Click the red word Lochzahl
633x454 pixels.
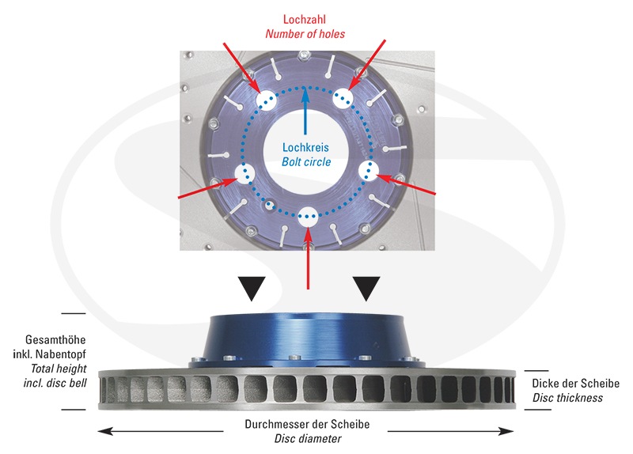(305, 19)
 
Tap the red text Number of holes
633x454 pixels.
(305, 34)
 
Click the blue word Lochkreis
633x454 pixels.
(305, 147)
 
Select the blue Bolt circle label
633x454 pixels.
(306, 162)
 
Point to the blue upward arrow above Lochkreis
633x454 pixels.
(305, 110)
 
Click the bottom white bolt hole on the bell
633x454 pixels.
(309, 216)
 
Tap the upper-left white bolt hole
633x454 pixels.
(265, 100)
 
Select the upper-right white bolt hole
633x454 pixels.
(343, 97)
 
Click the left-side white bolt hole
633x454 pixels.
(245, 173)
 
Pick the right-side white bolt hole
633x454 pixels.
(369, 171)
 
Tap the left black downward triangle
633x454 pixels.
(252, 288)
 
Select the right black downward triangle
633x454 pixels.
(366, 288)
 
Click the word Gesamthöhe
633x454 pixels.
(55, 340)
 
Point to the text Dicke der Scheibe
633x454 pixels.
(576, 384)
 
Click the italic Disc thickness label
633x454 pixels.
(567, 398)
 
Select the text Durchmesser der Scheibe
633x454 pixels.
(307, 424)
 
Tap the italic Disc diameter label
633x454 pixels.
(308, 439)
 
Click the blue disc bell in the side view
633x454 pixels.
(306, 339)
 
